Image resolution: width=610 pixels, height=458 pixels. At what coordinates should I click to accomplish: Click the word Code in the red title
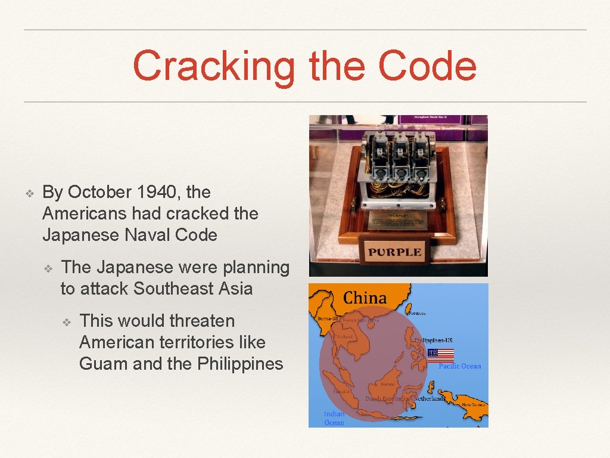click(x=427, y=66)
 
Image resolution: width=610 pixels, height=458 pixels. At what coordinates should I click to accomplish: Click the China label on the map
click(x=365, y=298)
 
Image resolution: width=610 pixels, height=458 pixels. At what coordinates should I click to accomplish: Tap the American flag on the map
click(x=440, y=355)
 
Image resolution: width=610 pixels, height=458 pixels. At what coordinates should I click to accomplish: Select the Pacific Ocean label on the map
click(x=459, y=366)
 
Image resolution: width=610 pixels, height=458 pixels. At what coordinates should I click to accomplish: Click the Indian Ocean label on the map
click(x=334, y=418)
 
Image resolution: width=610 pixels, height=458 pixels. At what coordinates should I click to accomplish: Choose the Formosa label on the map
click(x=418, y=312)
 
